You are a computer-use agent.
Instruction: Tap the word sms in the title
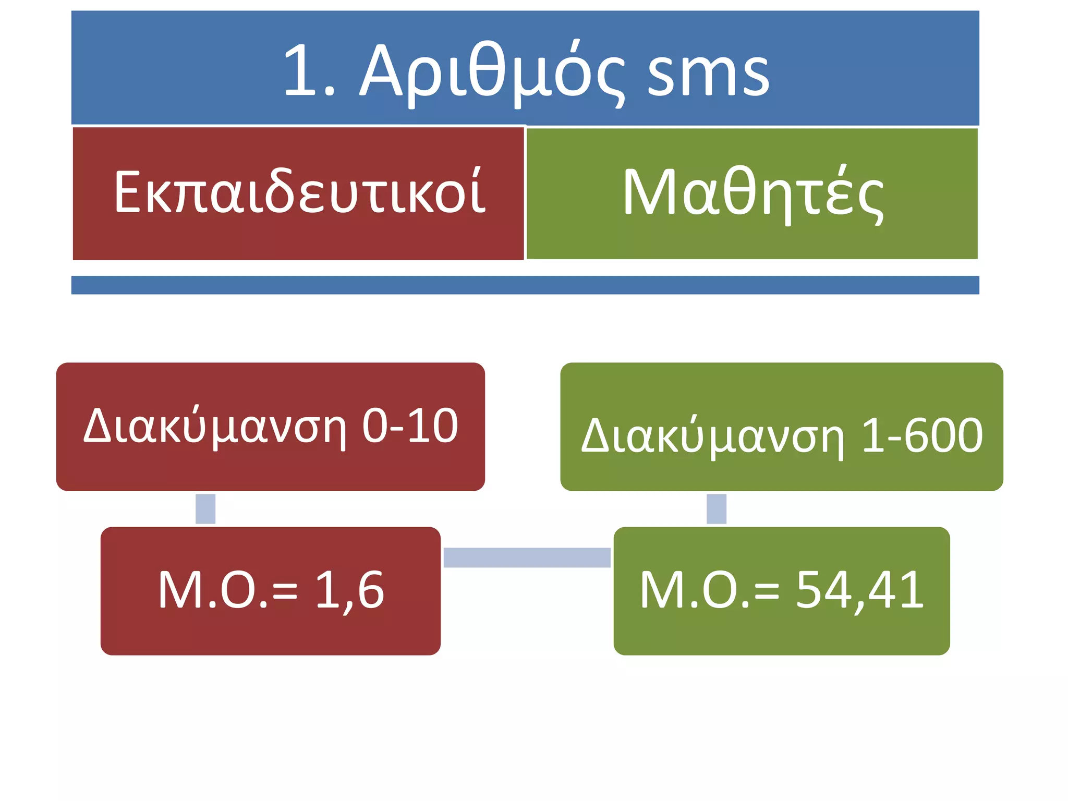pyautogui.click(x=708, y=73)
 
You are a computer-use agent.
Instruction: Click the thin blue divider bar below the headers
pyautogui.click(x=525, y=285)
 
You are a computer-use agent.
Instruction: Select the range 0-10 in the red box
pyautogui.click(x=410, y=426)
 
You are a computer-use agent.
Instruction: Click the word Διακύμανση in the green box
pyautogui.click(x=712, y=436)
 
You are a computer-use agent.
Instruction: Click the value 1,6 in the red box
pyautogui.click(x=349, y=590)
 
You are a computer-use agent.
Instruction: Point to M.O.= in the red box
pyautogui.click(x=227, y=590)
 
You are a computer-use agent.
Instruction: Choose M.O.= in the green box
pyautogui.click(x=709, y=590)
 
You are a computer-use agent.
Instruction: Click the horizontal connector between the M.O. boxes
pyautogui.click(x=527, y=557)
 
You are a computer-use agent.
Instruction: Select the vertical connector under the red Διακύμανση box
pyautogui.click(x=205, y=508)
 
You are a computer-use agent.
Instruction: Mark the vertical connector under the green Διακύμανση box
pyautogui.click(x=716, y=508)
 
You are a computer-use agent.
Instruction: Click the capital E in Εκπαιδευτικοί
pyautogui.click(x=127, y=192)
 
